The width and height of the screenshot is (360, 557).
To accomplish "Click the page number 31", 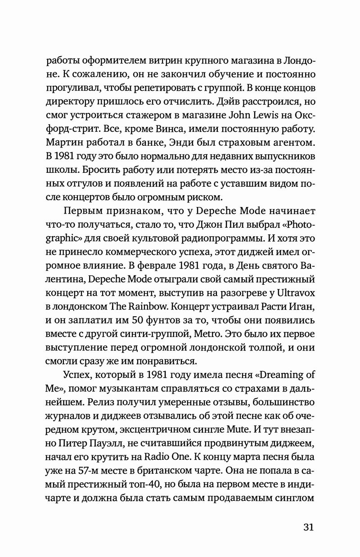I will (x=306, y=527).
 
